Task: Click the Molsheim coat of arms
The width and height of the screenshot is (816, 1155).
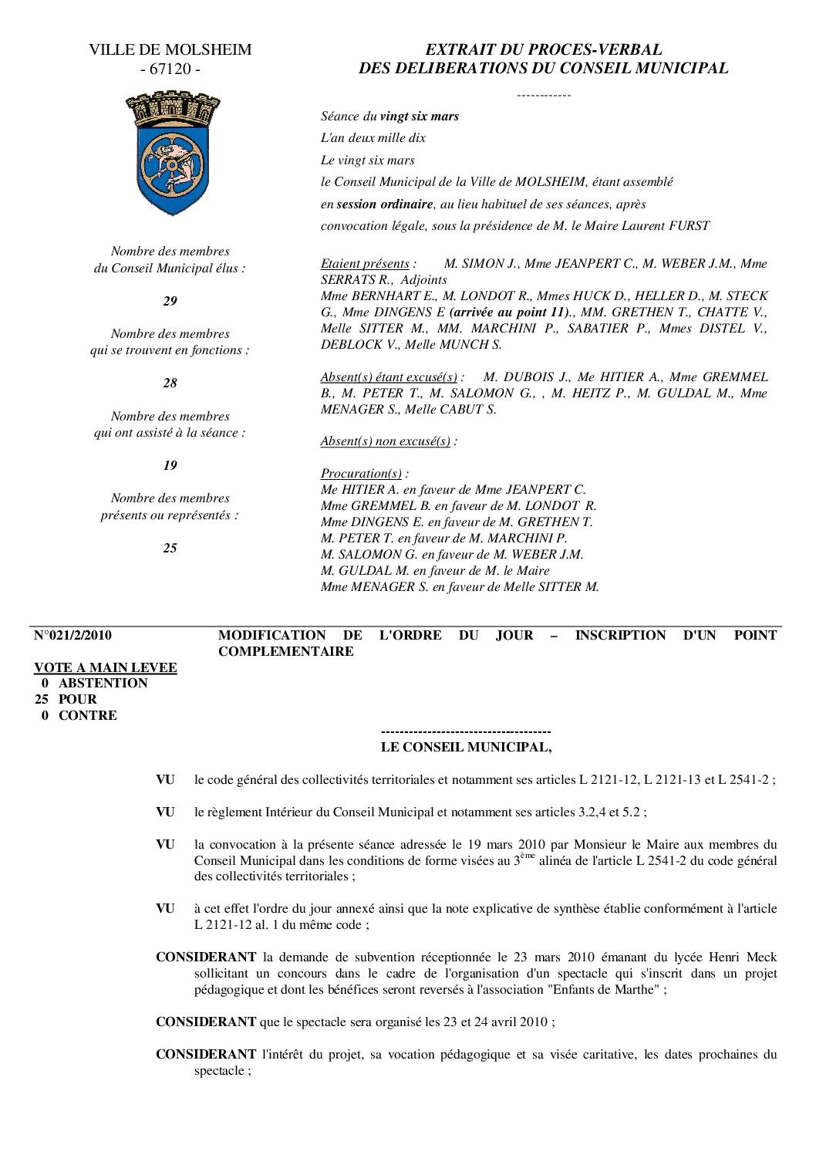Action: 170,155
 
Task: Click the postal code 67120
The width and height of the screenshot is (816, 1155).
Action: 170,69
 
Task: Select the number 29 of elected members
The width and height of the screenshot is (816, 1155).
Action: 170,301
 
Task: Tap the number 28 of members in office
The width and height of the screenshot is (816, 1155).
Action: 170,383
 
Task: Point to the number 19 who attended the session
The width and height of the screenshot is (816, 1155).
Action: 170,465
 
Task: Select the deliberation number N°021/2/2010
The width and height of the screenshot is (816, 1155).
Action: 73,636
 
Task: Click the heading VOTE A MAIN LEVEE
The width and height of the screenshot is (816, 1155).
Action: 106,667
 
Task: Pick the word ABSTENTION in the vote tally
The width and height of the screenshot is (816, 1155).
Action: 103,683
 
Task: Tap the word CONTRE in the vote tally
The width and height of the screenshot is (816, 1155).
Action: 88,715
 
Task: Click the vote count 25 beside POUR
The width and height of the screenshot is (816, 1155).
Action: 43,699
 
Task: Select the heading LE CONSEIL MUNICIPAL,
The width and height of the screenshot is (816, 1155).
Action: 467,747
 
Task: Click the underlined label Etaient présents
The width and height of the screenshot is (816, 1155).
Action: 365,264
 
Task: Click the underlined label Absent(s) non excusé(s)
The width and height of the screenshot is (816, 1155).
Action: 385,441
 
